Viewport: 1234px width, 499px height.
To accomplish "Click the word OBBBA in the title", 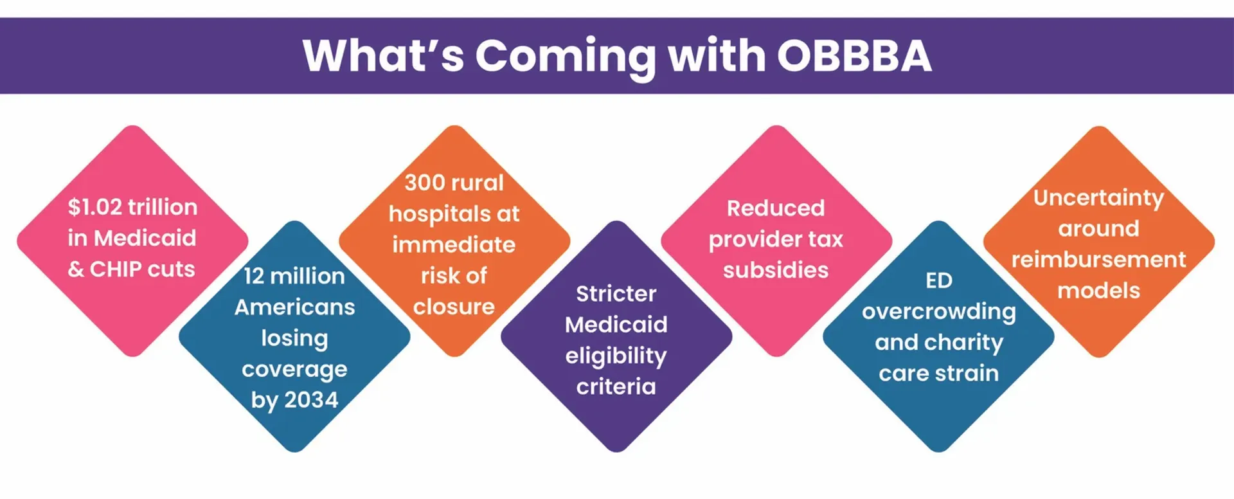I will (x=854, y=55).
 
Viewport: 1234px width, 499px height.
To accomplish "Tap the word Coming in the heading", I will (x=566, y=57).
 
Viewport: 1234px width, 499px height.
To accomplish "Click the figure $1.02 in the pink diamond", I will (x=94, y=207).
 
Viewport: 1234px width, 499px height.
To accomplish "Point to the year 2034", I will (x=311, y=400).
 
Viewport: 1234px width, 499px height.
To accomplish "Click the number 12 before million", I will (x=254, y=276).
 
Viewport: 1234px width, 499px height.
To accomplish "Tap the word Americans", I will (x=294, y=307).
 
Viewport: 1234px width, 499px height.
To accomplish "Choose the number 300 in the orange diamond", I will (x=425, y=183).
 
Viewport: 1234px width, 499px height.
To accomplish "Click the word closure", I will (x=454, y=307).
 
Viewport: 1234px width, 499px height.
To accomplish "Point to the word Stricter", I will (x=616, y=294).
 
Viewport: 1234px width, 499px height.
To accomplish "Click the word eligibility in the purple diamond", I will (x=616, y=356).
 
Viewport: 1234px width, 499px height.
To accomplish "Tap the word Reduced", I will (x=776, y=208).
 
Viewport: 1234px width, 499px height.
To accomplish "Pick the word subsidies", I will (x=776, y=270).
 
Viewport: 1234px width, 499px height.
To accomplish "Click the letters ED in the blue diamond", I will (x=938, y=280).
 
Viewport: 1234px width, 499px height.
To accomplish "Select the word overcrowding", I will (x=938, y=312).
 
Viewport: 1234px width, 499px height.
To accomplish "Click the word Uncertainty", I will (x=1098, y=197).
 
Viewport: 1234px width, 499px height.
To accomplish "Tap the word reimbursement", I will (x=1098, y=259).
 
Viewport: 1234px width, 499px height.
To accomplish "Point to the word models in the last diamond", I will (x=1098, y=291).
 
